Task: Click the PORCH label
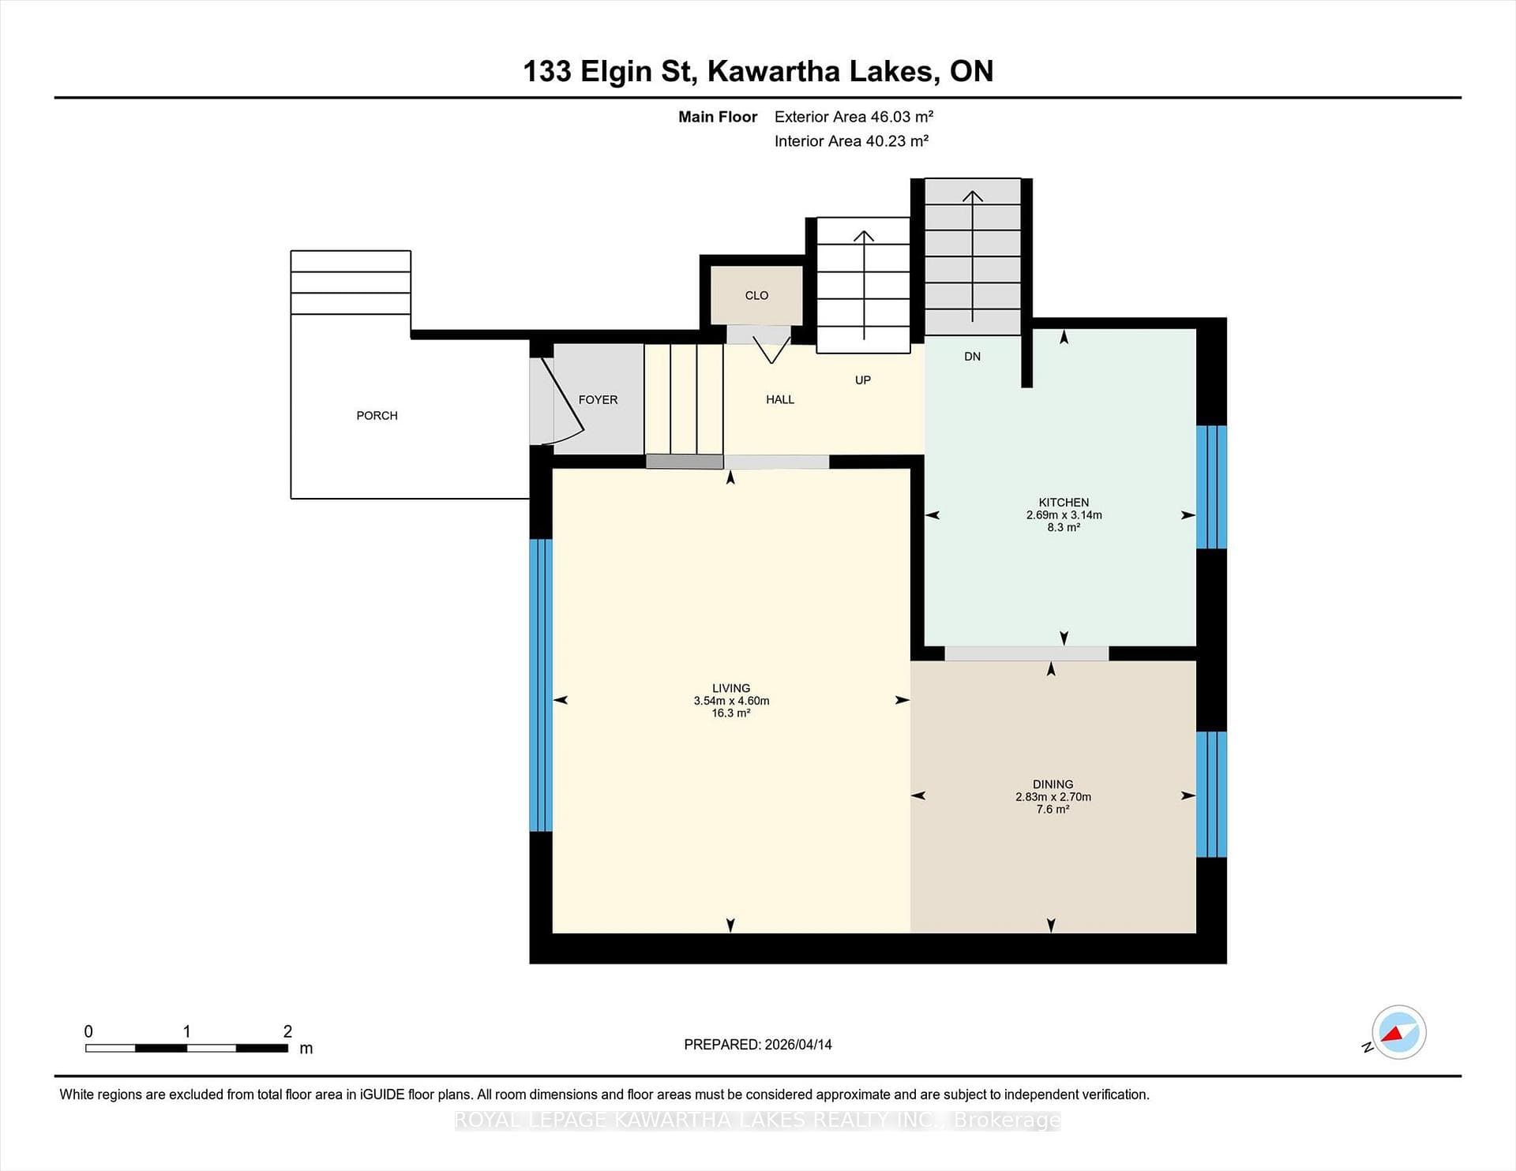377,415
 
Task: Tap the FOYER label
598,399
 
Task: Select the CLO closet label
756,295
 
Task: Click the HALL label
780,399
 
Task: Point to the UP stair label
863,380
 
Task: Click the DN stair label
972,356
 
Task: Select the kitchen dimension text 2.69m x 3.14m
1064,514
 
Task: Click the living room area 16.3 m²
730,713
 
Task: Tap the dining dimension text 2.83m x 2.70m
1053,797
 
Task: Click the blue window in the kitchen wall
1211,487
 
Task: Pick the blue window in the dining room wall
1211,794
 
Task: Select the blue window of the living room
540,685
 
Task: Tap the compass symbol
1398,1032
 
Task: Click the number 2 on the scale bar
287,1031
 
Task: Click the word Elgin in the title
617,72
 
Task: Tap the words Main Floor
718,117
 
